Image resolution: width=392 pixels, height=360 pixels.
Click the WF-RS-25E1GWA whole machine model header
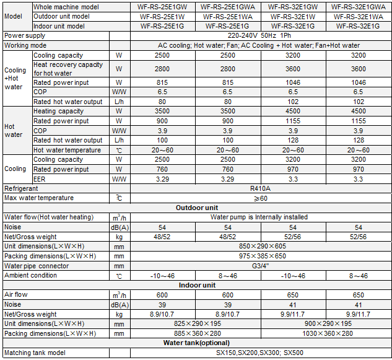coord(227,7)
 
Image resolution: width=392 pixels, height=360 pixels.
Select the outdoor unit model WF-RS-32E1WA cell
coord(358,17)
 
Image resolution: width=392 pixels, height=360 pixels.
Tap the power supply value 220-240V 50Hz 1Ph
coord(259,36)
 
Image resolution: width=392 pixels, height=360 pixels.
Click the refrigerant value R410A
coord(259,188)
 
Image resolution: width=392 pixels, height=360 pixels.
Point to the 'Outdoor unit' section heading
coord(197,208)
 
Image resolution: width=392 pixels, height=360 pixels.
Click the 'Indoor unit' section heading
coord(197,285)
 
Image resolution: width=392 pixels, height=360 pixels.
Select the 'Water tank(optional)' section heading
coord(196,343)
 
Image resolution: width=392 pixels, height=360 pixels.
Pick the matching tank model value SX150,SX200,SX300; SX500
coord(259,353)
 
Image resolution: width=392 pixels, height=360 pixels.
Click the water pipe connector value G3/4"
coord(259,266)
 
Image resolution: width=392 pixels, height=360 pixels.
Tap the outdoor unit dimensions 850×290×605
coord(259,247)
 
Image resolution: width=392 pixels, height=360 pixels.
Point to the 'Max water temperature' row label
coord(39,198)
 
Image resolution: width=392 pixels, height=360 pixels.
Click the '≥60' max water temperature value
coord(259,198)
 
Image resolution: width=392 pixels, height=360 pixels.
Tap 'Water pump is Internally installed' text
coord(259,217)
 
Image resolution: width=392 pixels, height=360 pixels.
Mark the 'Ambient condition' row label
coord(31,275)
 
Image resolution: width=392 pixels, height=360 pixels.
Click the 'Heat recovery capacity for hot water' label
coord(68,69)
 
